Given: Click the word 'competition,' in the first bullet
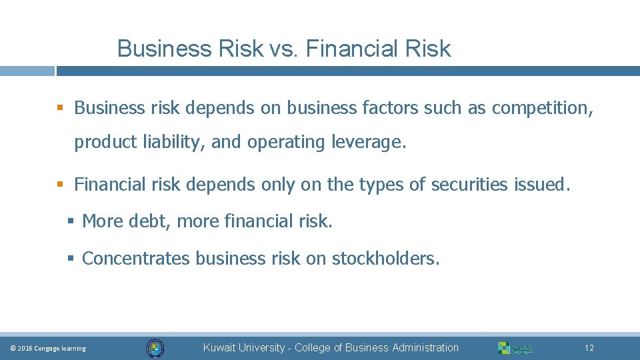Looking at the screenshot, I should pyautogui.click(x=542, y=108).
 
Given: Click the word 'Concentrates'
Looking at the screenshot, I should pyautogui.click(x=136, y=259).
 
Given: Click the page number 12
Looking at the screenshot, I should pyautogui.click(x=589, y=348).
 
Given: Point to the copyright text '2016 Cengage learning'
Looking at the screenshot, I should pyautogui.click(x=51, y=349).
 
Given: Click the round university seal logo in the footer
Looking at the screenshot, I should pyautogui.click(x=155, y=347).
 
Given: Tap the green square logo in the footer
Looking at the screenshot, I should pyautogui.click(x=504, y=348).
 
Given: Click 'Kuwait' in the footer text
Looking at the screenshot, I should pyautogui.click(x=219, y=348).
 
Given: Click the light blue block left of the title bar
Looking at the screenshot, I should pyautogui.click(x=27, y=71).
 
